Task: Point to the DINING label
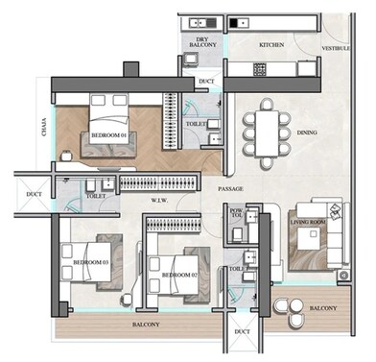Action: (306, 132)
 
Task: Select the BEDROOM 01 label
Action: (108, 136)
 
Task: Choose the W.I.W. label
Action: (161, 201)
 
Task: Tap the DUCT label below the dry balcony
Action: (206, 83)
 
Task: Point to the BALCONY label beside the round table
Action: (321, 308)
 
